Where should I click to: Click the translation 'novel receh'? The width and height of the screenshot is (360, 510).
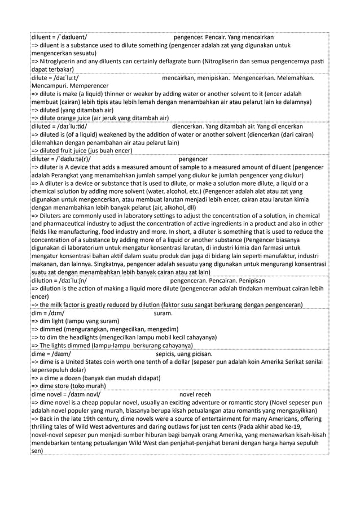195,395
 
